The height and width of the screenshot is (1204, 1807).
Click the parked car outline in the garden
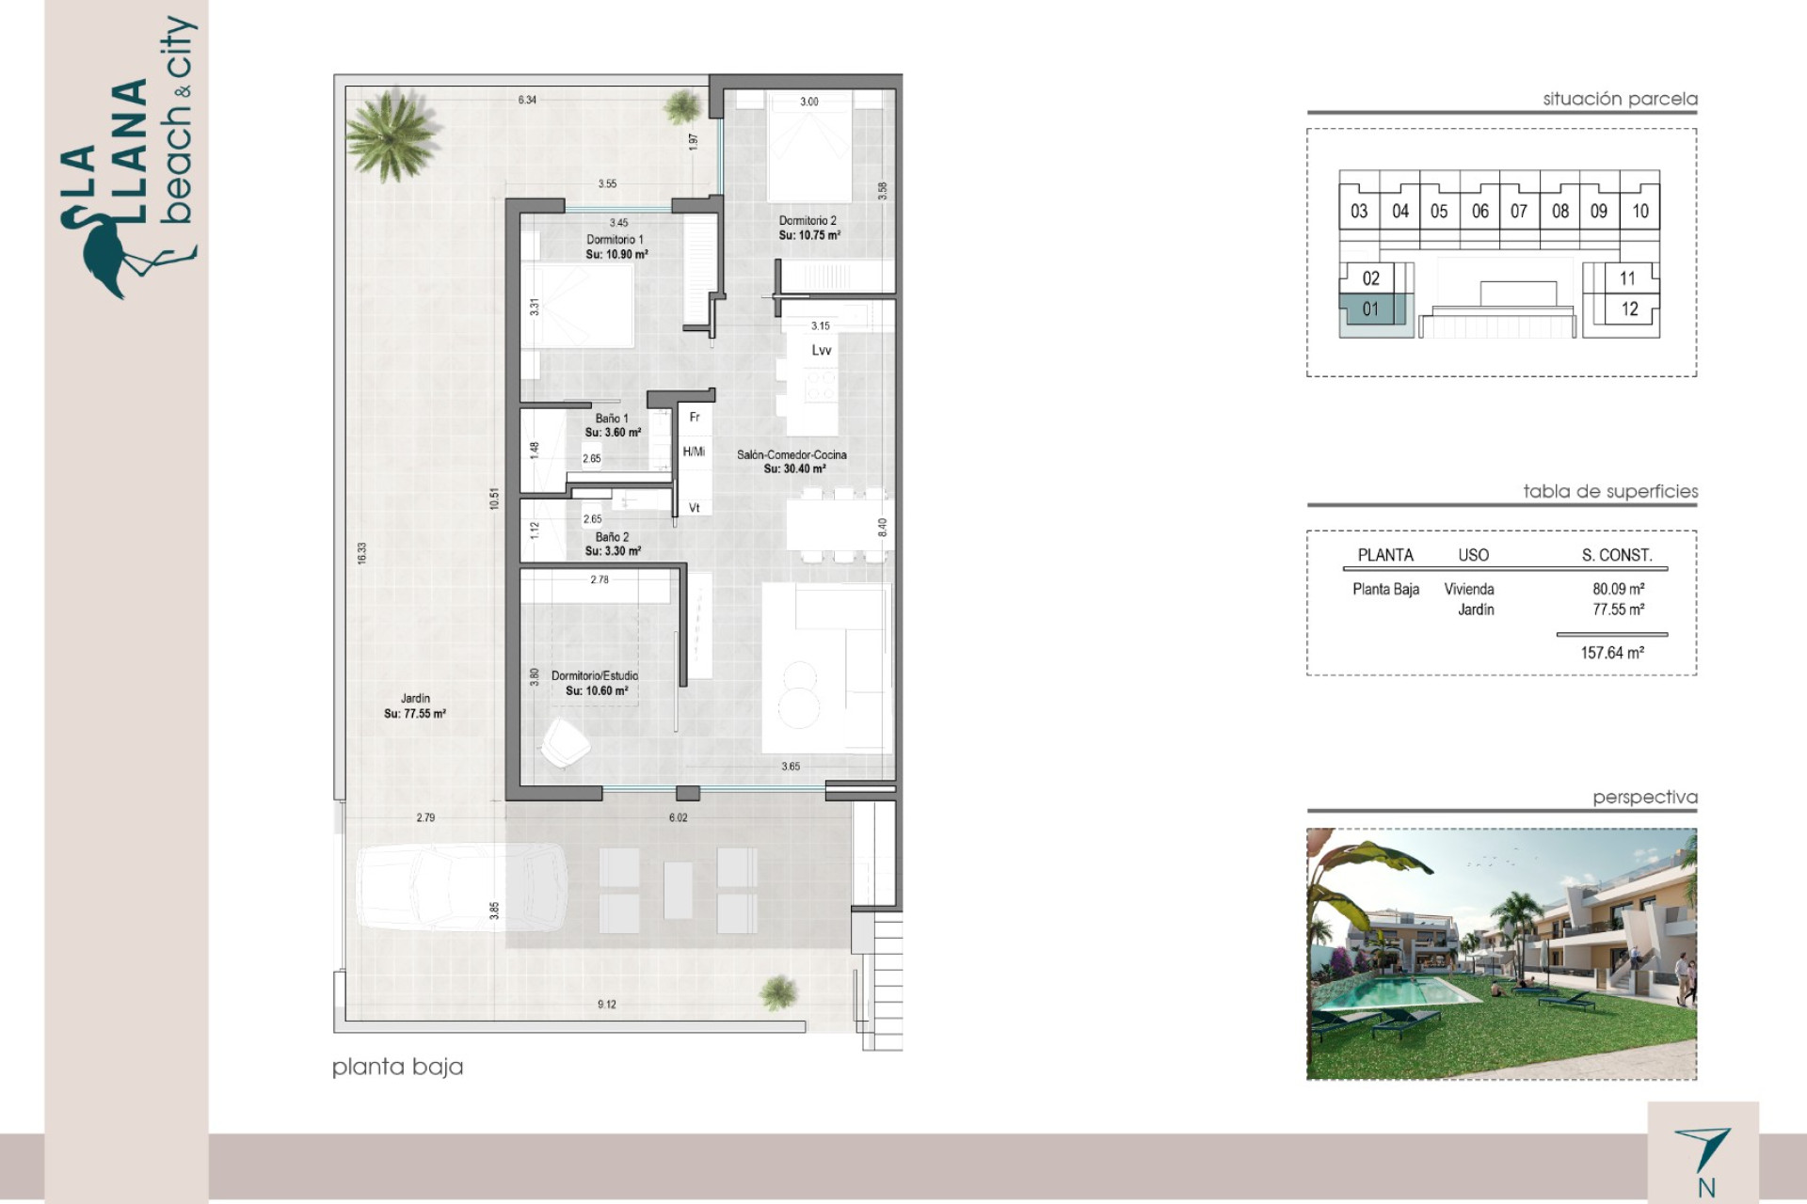click(461, 886)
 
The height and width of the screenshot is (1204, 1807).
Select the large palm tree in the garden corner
click(391, 135)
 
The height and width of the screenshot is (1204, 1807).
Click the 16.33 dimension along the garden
click(362, 553)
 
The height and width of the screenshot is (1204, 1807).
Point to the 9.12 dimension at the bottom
click(607, 1005)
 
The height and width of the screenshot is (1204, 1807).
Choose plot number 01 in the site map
click(1370, 309)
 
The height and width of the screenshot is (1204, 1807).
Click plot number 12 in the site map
click(1629, 309)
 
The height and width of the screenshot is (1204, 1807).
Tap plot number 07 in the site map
click(1519, 212)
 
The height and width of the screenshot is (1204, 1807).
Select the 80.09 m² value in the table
click(1619, 589)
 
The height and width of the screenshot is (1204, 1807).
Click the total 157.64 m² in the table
click(1612, 653)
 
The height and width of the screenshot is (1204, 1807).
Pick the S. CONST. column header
click(1617, 555)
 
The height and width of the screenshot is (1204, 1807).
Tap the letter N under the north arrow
click(1706, 1188)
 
